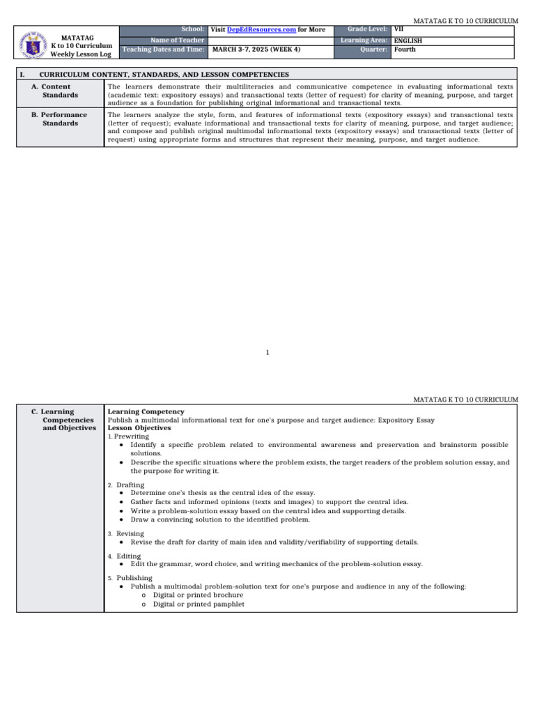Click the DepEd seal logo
32,43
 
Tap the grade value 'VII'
398,29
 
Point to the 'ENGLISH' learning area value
408,40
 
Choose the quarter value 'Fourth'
405,50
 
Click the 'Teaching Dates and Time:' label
164,50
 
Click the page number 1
267,353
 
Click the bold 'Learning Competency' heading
146,412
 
